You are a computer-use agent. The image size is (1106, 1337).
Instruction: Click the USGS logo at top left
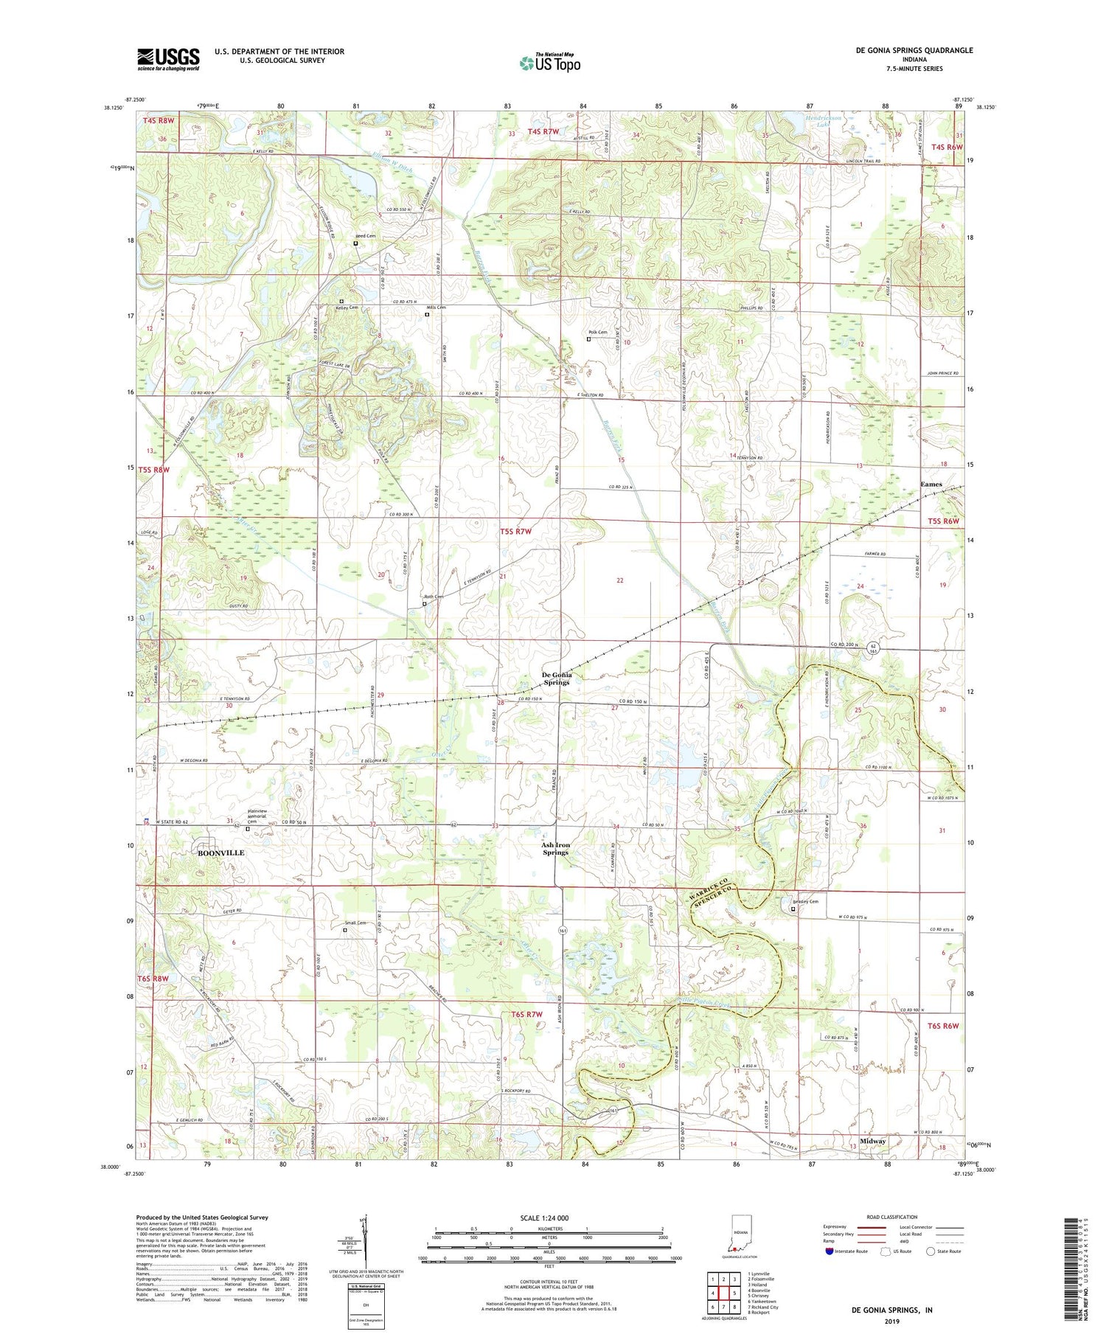[168, 59]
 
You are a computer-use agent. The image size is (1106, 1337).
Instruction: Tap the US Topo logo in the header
[550, 63]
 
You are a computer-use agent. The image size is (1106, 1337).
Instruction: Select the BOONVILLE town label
[220, 852]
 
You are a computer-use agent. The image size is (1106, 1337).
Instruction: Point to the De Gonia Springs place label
[557, 678]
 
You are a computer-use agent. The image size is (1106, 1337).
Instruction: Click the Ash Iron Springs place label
[556, 848]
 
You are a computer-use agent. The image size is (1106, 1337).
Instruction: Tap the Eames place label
[931, 485]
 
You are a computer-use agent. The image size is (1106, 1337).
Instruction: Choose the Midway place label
[873, 1141]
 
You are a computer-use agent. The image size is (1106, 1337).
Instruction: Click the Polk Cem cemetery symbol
[588, 339]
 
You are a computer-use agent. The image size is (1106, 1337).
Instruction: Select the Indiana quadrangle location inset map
[739, 1241]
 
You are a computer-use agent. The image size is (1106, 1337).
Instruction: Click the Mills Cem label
[437, 308]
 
